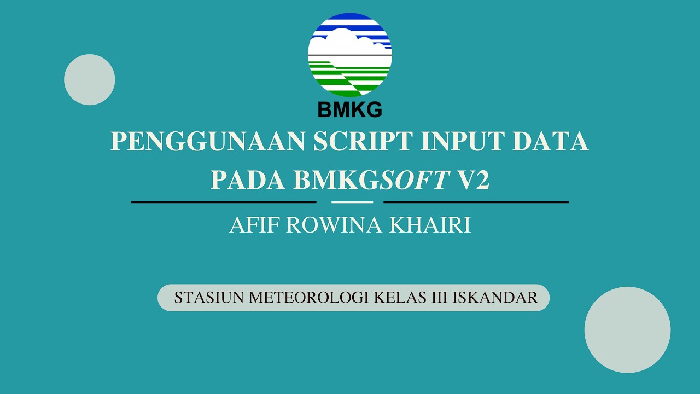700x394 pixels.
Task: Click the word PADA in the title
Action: click(248, 180)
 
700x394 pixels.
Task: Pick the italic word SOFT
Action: click(415, 180)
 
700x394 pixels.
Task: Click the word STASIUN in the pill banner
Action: click(209, 298)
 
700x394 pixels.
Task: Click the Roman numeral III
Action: click(439, 298)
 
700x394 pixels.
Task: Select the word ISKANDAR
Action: click(495, 298)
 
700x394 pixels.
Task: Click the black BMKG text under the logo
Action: click(350, 110)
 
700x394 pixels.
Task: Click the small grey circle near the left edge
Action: click(90, 80)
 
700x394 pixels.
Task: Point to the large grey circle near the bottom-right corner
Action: click(627, 330)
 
